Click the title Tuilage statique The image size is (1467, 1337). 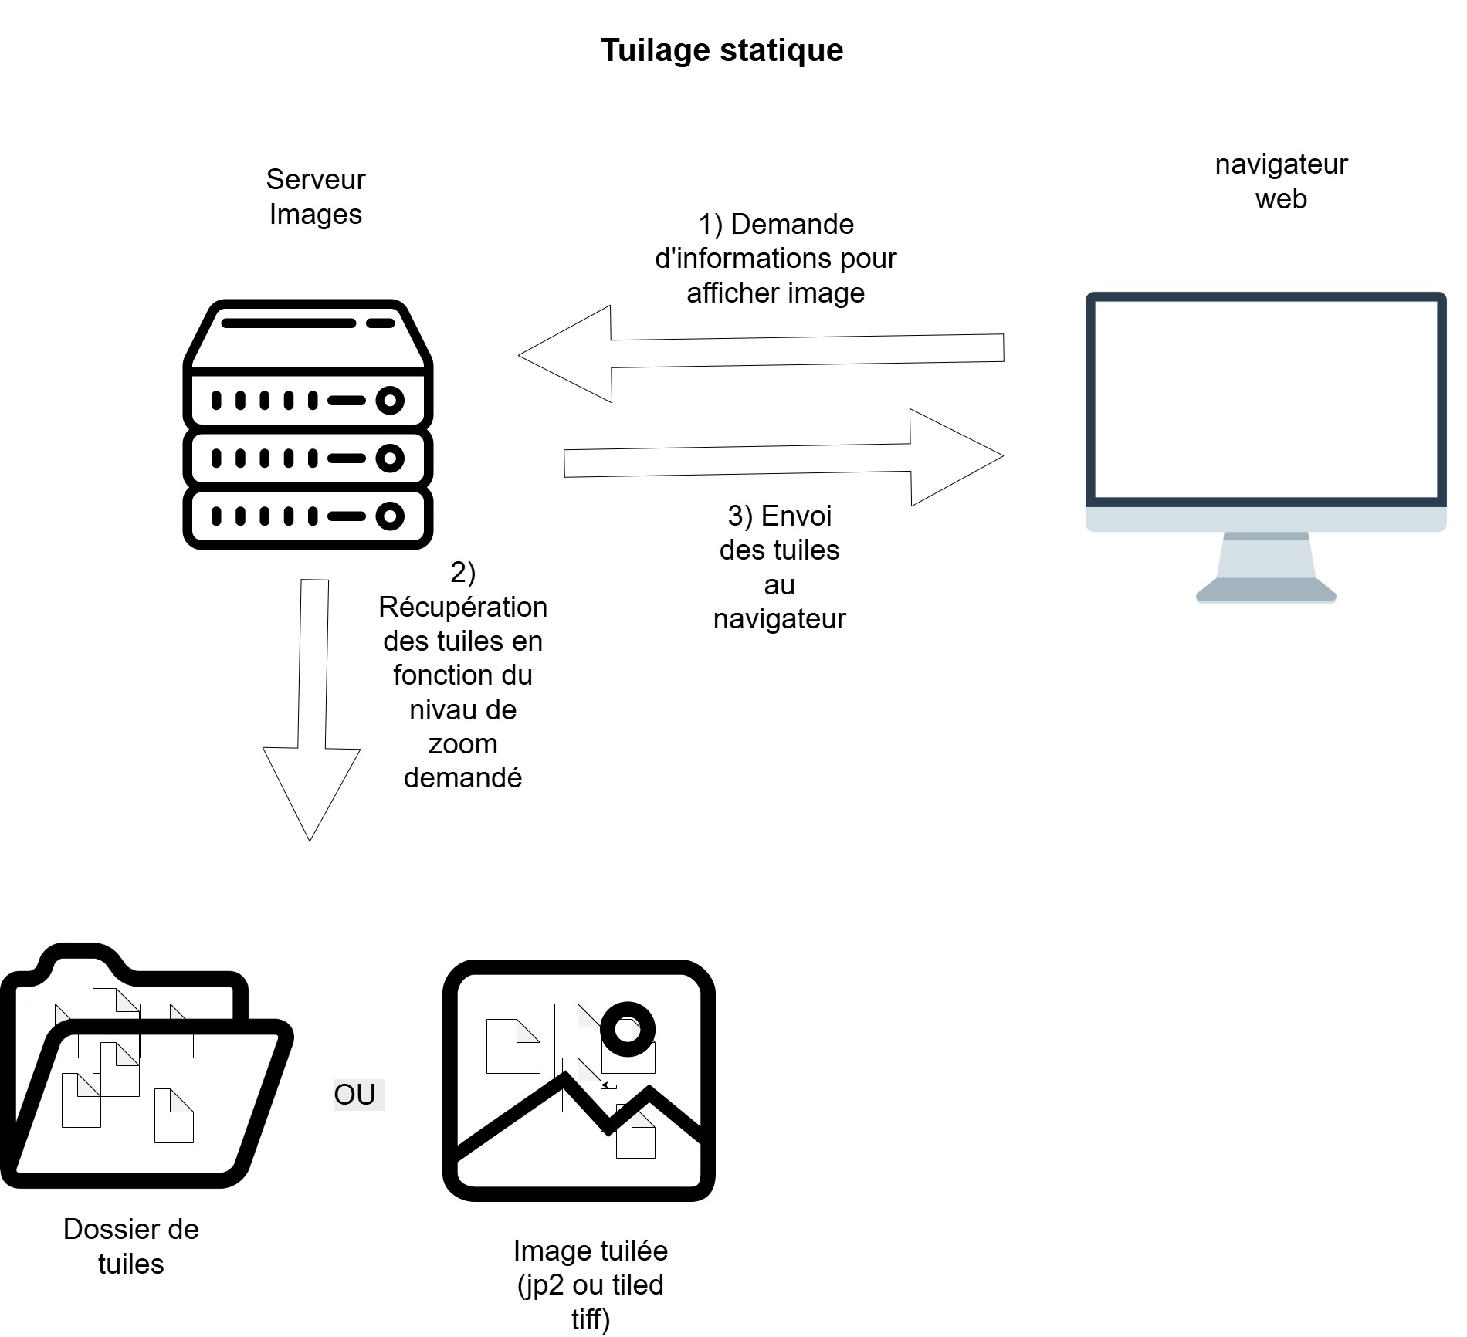[x=722, y=50]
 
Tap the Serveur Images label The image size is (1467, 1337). [x=315, y=197]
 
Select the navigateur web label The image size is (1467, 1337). [x=1281, y=181]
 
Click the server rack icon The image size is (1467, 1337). [x=308, y=425]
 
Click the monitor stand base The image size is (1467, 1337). [x=1265, y=591]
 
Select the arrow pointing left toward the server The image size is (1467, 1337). [x=761, y=353]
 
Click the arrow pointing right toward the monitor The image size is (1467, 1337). [x=784, y=458]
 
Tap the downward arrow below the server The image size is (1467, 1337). [x=312, y=710]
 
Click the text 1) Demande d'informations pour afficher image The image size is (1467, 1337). [x=775, y=259]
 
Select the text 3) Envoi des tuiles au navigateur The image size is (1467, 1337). [x=780, y=567]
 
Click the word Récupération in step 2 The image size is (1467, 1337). [x=462, y=608]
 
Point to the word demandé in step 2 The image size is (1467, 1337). [x=462, y=778]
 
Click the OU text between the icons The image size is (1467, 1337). [x=355, y=1095]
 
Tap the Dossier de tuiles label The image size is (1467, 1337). [x=131, y=1246]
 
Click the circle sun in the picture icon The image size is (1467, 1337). [x=628, y=1029]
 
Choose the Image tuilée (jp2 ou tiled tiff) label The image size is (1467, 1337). [x=591, y=1285]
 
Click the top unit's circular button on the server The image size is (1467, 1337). [x=390, y=401]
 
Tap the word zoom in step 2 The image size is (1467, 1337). [x=462, y=744]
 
